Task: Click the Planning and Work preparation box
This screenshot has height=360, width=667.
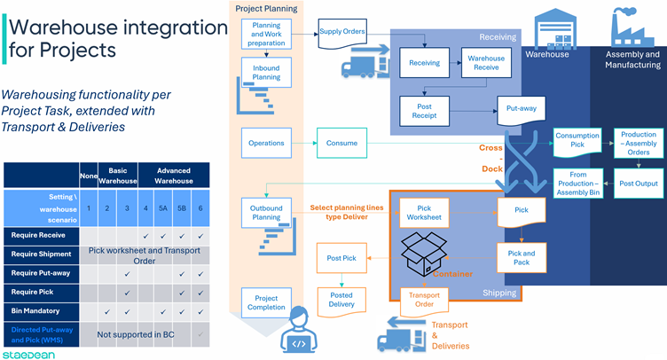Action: coord(267,34)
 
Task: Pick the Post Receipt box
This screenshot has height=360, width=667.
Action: coord(424,110)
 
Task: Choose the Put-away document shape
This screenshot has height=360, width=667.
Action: coord(520,111)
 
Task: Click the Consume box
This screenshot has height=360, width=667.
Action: coord(341,143)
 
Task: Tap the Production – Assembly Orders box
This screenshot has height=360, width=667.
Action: coord(638,143)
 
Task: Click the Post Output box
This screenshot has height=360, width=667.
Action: coord(638,183)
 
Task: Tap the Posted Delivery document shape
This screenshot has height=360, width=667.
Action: coord(341,300)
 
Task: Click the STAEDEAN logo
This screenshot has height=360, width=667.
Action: coord(27,353)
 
